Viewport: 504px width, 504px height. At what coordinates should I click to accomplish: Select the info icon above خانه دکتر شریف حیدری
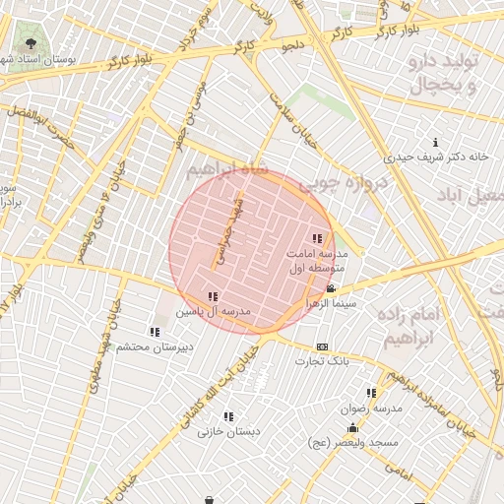tap(436, 142)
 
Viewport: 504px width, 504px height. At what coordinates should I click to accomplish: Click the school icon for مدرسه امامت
tap(317, 238)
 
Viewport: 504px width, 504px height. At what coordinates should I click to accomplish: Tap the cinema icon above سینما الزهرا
tap(331, 288)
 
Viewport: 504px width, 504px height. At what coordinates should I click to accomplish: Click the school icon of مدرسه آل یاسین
tap(213, 296)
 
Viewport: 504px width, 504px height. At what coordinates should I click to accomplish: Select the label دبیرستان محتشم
tap(156, 346)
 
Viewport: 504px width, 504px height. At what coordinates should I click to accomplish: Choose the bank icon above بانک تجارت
tap(322, 346)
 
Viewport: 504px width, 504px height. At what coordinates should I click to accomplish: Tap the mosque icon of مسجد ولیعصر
tap(352, 428)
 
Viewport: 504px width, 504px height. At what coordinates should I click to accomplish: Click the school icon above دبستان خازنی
tap(228, 416)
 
